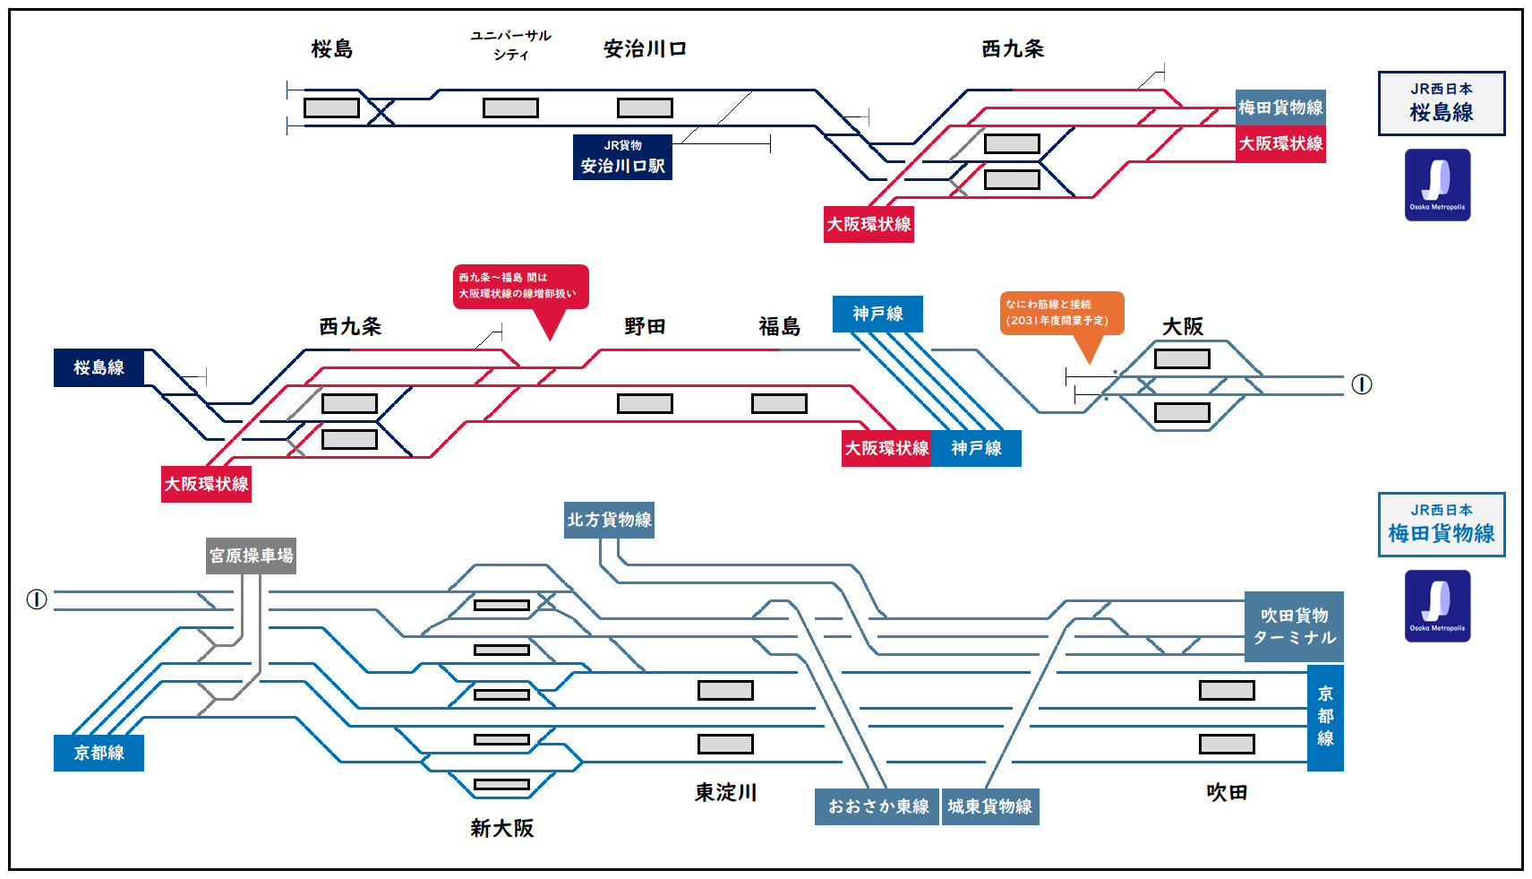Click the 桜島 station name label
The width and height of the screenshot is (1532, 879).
tap(331, 49)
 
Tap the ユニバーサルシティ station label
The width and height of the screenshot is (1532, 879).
tap(510, 45)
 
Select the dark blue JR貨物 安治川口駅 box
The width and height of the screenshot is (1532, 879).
tap(622, 157)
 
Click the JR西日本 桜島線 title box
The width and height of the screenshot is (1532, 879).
tap(1441, 103)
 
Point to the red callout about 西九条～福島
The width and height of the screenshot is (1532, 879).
tap(520, 287)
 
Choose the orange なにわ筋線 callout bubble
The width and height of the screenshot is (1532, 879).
tap(1061, 314)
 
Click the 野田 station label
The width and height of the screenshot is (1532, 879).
tap(645, 327)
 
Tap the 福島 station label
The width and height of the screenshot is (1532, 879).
tap(779, 327)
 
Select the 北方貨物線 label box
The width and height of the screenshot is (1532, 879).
tap(609, 520)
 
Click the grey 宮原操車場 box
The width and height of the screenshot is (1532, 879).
tap(251, 556)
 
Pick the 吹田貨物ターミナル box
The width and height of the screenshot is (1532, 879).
tap(1294, 626)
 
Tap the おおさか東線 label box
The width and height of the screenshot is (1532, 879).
tap(877, 806)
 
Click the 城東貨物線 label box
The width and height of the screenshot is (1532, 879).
tap(989, 806)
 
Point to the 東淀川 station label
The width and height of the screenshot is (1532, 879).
tap(725, 793)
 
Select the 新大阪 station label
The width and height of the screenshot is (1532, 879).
tap(501, 829)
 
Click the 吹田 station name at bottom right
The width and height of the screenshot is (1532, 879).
tap(1227, 793)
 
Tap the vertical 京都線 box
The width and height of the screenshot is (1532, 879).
tap(1325, 717)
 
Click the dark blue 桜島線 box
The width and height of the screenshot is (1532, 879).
tap(98, 367)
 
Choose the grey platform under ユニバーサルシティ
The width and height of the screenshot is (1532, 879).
tap(510, 108)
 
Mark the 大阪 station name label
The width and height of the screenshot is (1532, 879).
tap(1182, 327)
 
